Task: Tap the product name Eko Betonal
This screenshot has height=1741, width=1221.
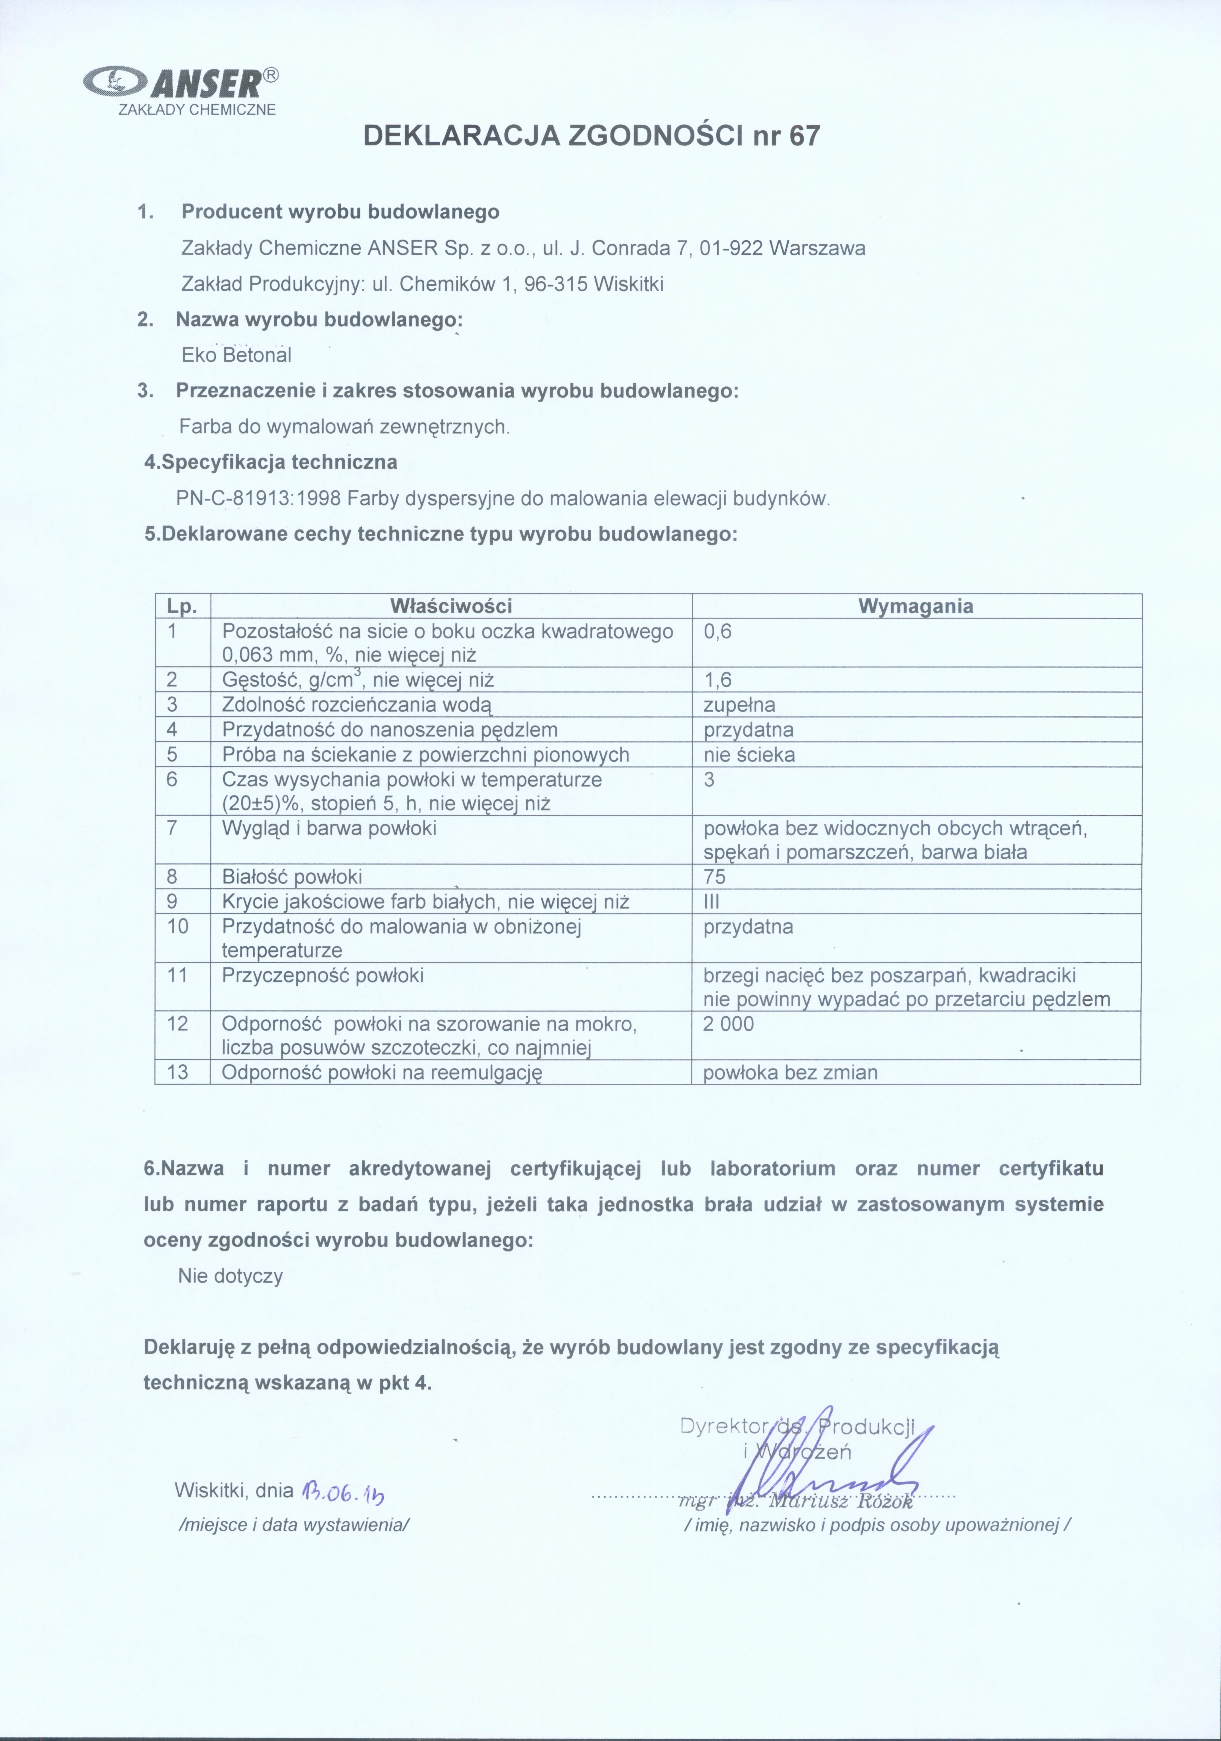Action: coord(236,355)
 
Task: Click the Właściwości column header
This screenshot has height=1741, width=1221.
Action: coord(451,606)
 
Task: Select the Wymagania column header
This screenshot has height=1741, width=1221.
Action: coord(916,606)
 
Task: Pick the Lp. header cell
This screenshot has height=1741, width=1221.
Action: coord(182,606)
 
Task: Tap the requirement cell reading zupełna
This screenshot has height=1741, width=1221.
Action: coord(739,704)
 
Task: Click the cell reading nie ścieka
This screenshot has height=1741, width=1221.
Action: coord(749,755)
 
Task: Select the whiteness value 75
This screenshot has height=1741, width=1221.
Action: coord(714,877)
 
